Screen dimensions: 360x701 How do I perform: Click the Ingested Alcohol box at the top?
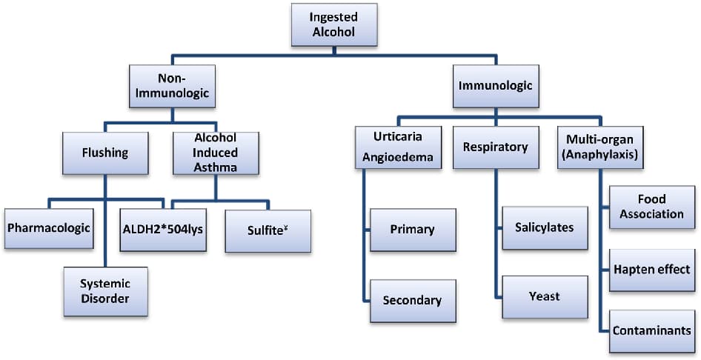click(x=333, y=25)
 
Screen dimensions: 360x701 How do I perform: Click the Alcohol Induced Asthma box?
click(x=216, y=153)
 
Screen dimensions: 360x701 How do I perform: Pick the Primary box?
click(x=411, y=228)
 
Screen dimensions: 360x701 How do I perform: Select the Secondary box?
click(x=411, y=300)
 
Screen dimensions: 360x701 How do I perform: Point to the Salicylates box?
click(x=544, y=227)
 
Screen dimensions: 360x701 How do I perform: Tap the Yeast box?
click(x=544, y=296)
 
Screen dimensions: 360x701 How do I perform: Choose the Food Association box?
click(x=650, y=207)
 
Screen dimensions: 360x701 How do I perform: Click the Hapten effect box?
click(x=650, y=269)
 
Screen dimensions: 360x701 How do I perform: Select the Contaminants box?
click(x=651, y=330)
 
